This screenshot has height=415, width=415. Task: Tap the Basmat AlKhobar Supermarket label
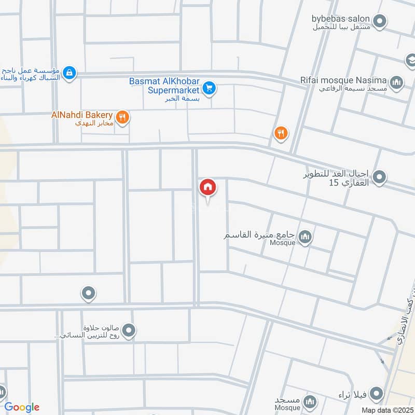tap(165, 86)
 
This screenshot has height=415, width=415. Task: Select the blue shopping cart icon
tap(209, 88)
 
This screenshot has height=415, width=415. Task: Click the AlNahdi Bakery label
tap(82, 114)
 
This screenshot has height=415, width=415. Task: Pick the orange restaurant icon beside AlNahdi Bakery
tap(122, 117)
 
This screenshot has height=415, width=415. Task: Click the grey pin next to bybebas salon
tap(380, 21)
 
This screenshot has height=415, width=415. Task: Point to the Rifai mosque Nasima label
tap(342, 80)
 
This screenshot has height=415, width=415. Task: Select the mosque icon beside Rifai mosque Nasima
tap(397, 82)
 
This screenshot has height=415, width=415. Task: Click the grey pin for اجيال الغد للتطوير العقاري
tap(379, 177)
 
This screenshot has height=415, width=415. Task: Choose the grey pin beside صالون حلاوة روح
tap(129, 330)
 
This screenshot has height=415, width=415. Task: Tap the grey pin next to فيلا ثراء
tap(377, 393)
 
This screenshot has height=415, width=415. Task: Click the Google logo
tap(22, 407)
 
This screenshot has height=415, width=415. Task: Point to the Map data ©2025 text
tap(386, 410)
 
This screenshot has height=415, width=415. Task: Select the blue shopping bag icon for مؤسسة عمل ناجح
tap(70, 73)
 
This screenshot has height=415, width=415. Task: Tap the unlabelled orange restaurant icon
tap(281, 134)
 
